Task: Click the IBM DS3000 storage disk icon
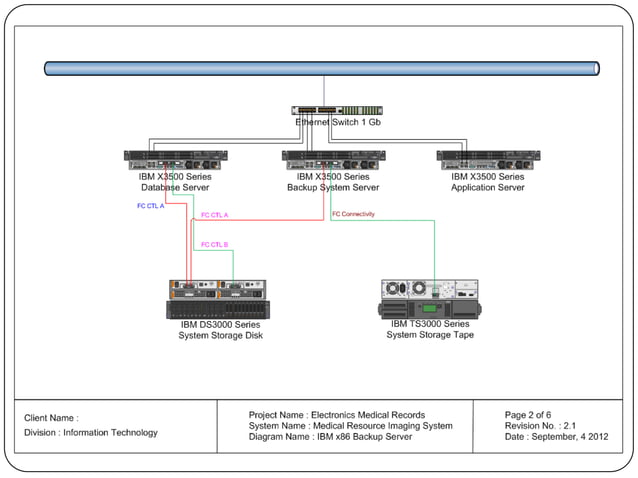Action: click(x=218, y=298)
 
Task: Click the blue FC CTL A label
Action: click(x=151, y=206)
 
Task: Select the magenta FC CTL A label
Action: click(x=215, y=215)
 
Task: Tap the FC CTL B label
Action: click(x=215, y=244)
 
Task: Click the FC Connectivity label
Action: click(x=353, y=213)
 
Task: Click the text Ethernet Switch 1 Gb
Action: click(x=338, y=122)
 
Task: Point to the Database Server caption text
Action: click(x=174, y=187)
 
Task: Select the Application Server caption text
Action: click(x=488, y=187)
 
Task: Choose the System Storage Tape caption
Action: click(x=430, y=335)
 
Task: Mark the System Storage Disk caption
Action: click(x=220, y=336)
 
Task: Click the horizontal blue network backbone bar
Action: click(x=321, y=69)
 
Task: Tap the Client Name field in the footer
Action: click(x=52, y=418)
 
